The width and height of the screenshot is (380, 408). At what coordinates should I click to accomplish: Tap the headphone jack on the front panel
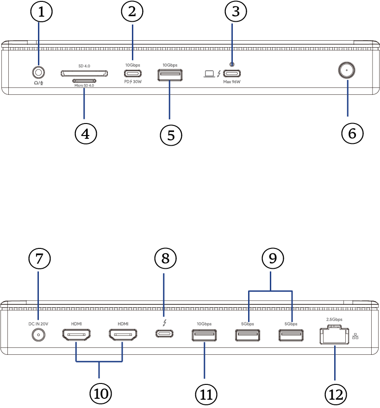(x=39, y=73)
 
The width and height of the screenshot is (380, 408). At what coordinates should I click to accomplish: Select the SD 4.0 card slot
(x=84, y=73)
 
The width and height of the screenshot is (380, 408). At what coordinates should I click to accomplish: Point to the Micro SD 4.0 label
(x=84, y=85)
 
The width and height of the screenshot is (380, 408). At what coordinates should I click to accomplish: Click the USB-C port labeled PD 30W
(x=132, y=73)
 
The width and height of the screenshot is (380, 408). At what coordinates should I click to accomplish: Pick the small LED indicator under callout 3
(x=231, y=64)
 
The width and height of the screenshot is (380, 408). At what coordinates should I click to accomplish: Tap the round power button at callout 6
(x=347, y=71)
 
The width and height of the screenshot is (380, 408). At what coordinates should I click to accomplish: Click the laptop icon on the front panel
(x=209, y=73)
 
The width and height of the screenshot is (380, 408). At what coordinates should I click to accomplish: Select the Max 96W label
(x=231, y=82)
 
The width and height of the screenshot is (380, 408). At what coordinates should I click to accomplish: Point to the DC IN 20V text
(x=38, y=323)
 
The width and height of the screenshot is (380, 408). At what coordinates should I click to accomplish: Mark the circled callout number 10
(x=100, y=393)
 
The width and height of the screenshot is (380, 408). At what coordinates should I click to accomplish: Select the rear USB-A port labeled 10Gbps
(x=204, y=334)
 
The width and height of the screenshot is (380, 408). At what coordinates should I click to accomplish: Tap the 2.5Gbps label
(x=334, y=319)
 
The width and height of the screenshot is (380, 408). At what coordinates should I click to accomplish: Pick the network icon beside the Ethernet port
(x=355, y=337)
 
